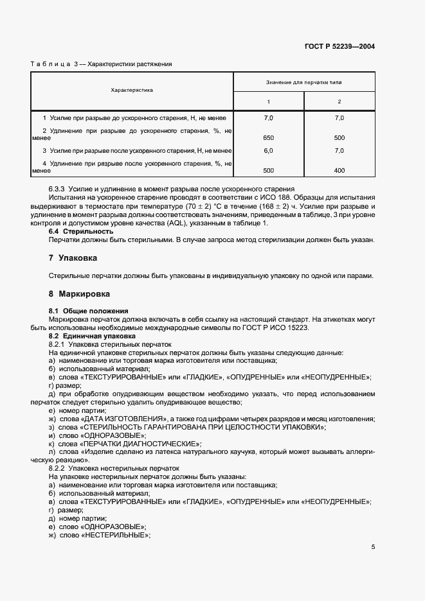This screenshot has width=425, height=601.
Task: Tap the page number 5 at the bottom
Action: [x=373, y=548]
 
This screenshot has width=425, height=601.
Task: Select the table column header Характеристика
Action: [x=132, y=91]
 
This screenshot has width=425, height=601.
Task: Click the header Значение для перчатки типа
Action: [x=303, y=83]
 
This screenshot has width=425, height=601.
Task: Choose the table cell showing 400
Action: [x=339, y=170]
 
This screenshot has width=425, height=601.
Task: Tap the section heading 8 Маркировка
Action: [x=79, y=294]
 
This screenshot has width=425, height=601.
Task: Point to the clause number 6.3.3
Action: [x=60, y=190]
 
